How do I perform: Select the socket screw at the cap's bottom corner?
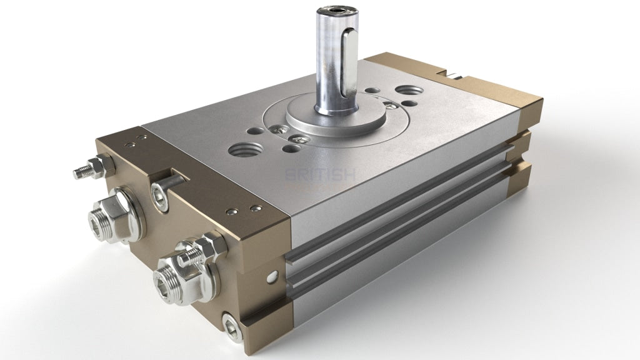tap(231, 326)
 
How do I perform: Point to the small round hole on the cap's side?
tap(271, 275)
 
